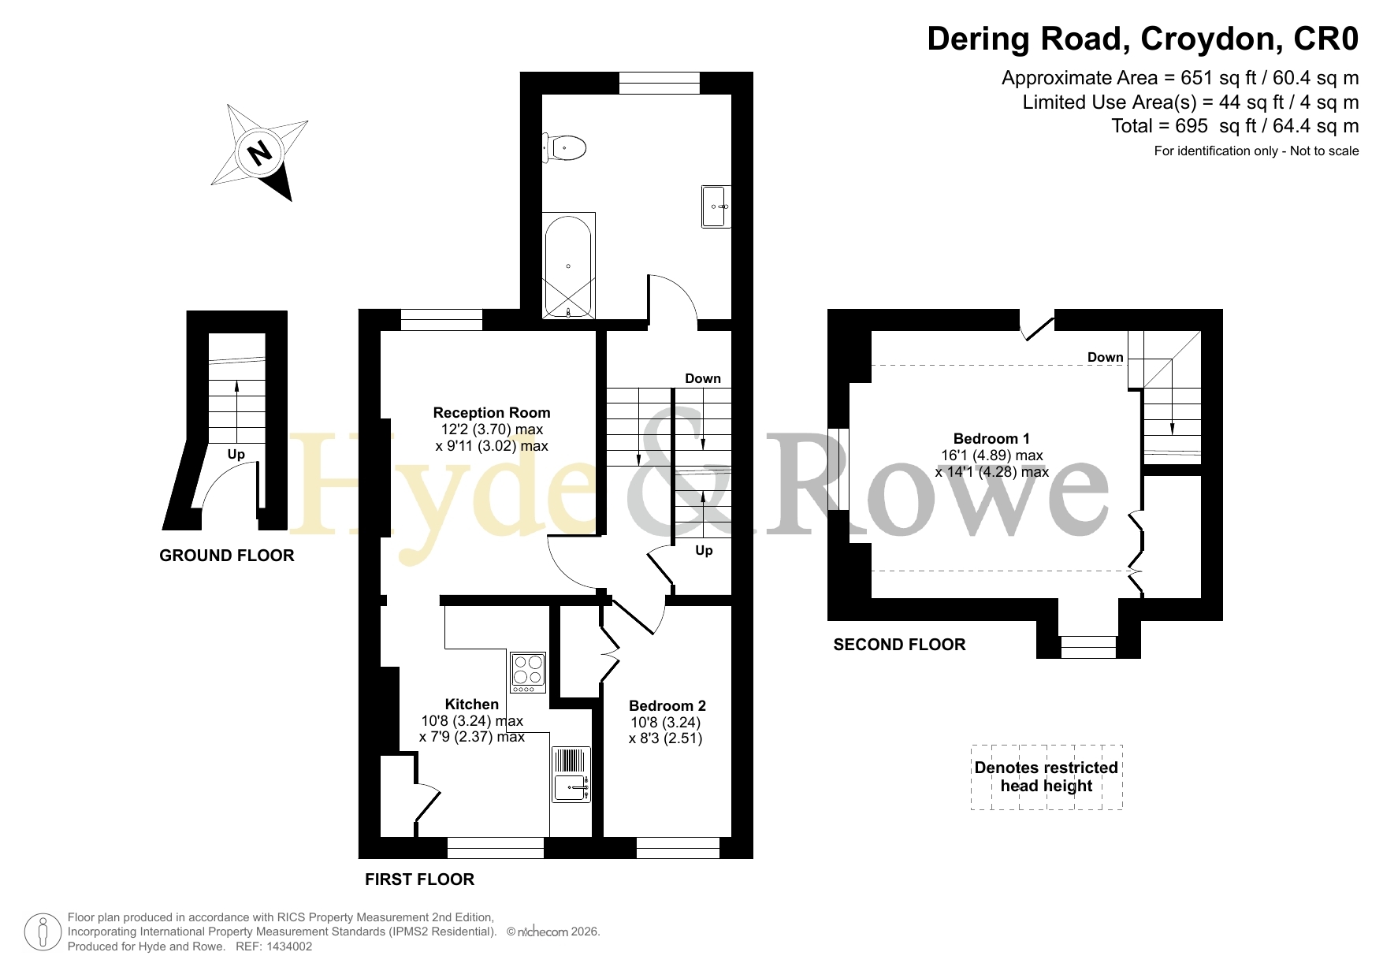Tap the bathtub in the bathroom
coord(568,266)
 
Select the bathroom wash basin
coord(716,206)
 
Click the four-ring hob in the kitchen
coord(527,671)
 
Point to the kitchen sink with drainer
coord(571,774)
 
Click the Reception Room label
coord(492,412)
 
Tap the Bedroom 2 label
coord(667,705)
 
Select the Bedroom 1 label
coord(991,438)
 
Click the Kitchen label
coord(472,704)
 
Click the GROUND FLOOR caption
coord(227,556)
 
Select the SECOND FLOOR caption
coord(899,645)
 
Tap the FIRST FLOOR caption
coord(419,879)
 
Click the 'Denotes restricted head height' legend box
coord(1047,777)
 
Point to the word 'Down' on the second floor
coord(1106,357)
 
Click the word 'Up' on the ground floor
coord(236,454)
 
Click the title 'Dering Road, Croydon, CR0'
coord(1143,39)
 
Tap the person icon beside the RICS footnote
coord(43,932)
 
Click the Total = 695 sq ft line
coord(1235,126)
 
